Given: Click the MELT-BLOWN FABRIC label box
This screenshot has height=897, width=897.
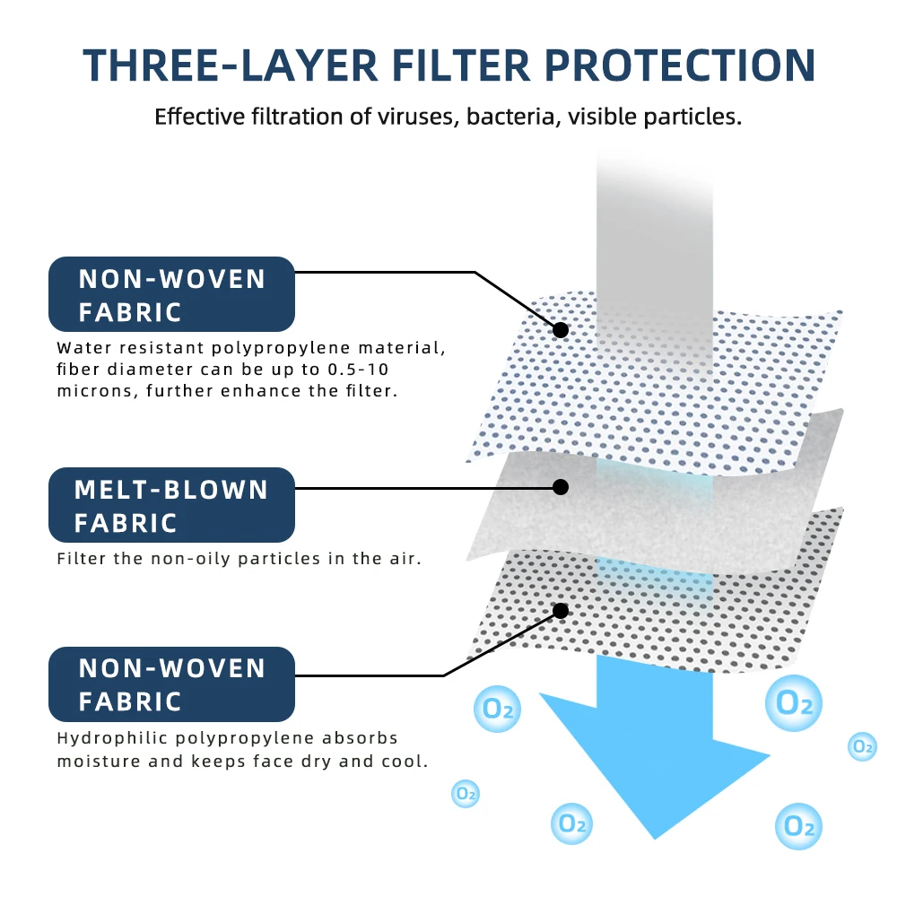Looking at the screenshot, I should tap(171, 505).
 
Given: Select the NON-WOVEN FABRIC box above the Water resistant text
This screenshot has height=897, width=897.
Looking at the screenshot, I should tap(171, 294).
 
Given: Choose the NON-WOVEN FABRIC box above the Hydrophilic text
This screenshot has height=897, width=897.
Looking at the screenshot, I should tap(171, 684).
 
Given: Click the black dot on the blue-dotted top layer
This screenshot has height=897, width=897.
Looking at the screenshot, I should tap(561, 330).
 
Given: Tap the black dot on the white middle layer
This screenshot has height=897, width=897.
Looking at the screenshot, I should tap(561, 487).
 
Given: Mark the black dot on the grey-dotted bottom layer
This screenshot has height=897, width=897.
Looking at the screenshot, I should tap(561, 611).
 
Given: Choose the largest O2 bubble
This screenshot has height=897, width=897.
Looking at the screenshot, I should tap(794, 702).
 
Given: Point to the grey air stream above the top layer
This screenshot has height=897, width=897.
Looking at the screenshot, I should tap(655, 224).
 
